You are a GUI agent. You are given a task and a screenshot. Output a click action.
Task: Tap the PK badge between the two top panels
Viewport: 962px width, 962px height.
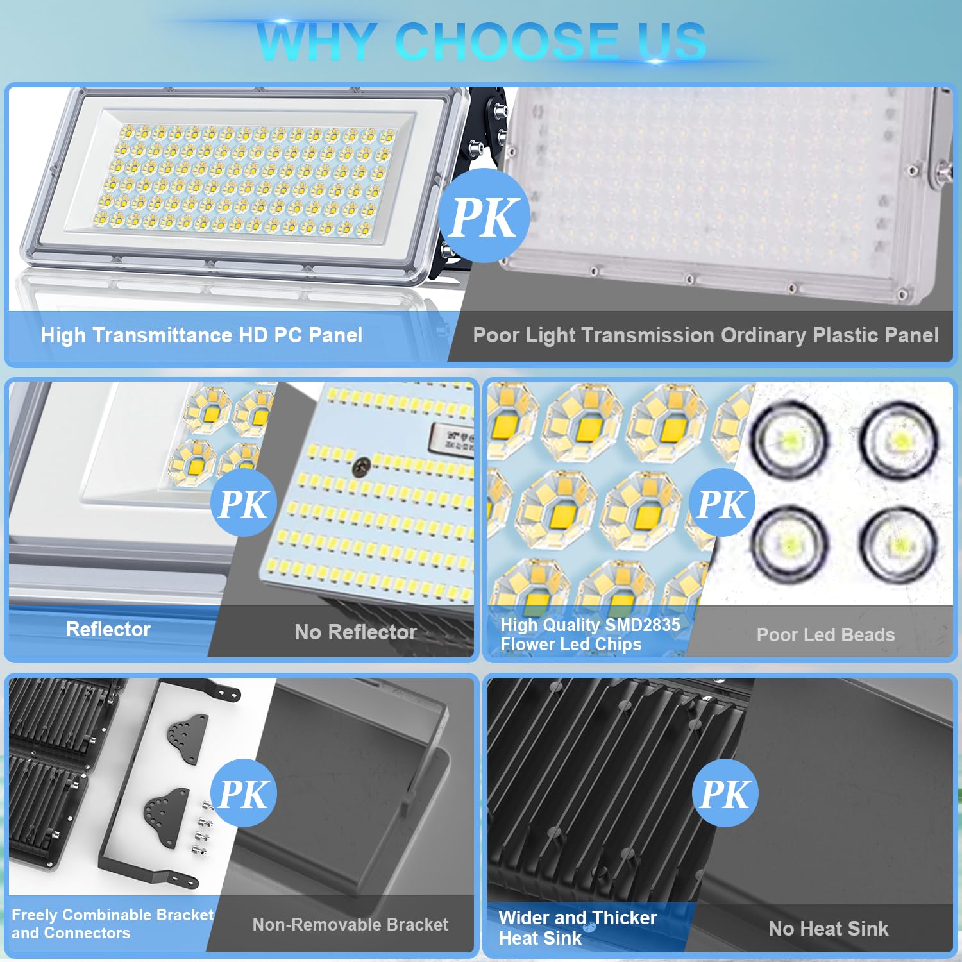point(484,216)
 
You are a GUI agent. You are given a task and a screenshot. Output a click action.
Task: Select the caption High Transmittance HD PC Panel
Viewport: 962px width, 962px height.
point(201,335)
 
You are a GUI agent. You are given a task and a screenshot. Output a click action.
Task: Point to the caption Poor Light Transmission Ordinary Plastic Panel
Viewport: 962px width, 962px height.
point(705,335)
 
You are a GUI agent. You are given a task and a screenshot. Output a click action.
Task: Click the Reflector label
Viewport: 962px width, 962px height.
point(108,629)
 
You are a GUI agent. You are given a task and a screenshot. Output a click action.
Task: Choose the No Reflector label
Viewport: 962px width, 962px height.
point(355,632)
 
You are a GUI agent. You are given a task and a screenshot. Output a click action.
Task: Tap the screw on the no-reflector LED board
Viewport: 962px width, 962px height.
point(363,466)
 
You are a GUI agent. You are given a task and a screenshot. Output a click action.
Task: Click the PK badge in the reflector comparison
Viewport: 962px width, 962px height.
point(244,503)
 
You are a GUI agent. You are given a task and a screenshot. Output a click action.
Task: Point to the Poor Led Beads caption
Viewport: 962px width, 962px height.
point(825,635)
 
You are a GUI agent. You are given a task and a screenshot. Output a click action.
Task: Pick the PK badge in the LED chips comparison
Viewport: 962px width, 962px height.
point(723,503)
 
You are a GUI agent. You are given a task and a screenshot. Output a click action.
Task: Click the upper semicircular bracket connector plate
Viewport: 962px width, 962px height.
point(187,738)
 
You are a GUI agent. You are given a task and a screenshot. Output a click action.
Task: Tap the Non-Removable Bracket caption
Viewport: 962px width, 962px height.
point(350,924)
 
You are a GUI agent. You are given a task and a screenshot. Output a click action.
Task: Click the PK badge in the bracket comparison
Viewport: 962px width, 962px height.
point(244,793)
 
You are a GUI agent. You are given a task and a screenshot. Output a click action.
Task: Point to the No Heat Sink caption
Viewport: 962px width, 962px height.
point(828,928)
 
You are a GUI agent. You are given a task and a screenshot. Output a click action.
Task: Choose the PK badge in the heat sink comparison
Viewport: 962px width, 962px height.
point(725,793)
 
